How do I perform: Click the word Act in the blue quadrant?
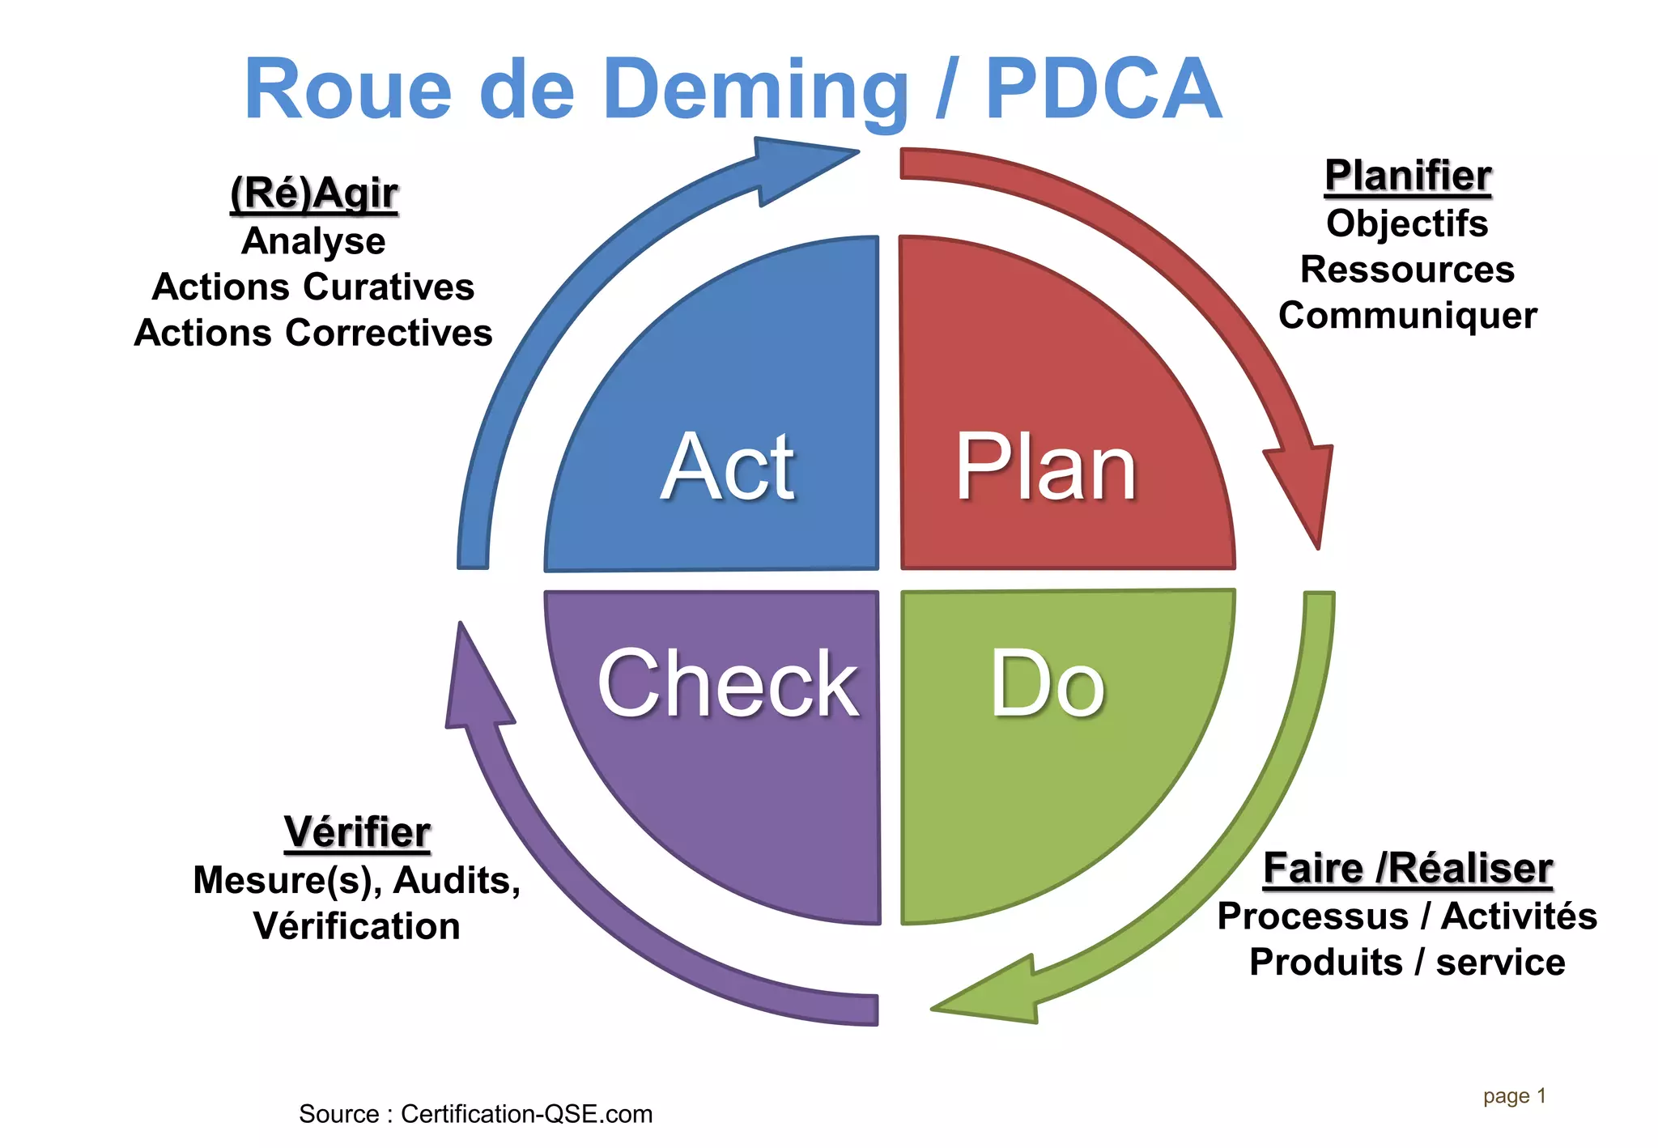click(728, 467)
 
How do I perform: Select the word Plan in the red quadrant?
click(1046, 467)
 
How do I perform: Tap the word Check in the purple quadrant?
click(728, 684)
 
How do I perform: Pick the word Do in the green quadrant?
click(1047, 684)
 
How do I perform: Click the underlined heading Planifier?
click(1407, 176)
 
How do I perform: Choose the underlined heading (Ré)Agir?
click(314, 193)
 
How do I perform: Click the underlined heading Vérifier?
click(357, 832)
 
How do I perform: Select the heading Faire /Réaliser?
click(1407, 869)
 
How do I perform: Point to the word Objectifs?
click(1407, 223)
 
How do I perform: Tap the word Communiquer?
click(1407, 315)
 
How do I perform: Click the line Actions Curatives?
click(313, 287)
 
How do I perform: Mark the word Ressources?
click(1407, 269)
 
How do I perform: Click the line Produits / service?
click(1407, 962)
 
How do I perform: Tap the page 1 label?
click(1514, 1096)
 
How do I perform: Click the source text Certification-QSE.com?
click(526, 1114)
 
